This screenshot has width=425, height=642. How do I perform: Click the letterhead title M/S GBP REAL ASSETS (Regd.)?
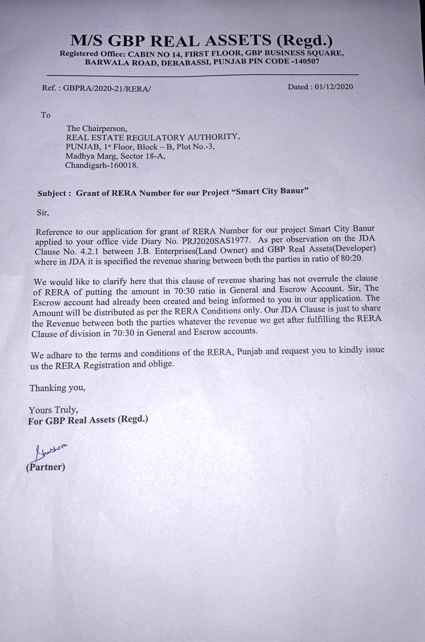pyautogui.click(x=201, y=40)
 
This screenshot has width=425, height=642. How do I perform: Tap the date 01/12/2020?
pyautogui.click(x=334, y=86)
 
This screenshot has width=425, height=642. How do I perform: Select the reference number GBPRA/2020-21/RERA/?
pyautogui.click(x=99, y=87)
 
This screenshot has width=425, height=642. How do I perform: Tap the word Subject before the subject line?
pyautogui.click(x=54, y=193)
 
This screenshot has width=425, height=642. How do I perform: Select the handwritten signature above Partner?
pyautogui.click(x=50, y=452)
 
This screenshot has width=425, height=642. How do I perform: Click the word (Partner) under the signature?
pyautogui.click(x=45, y=467)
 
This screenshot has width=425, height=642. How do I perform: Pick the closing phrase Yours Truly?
pyautogui.click(x=53, y=410)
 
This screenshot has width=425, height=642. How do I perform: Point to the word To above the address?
pyautogui.click(x=45, y=115)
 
